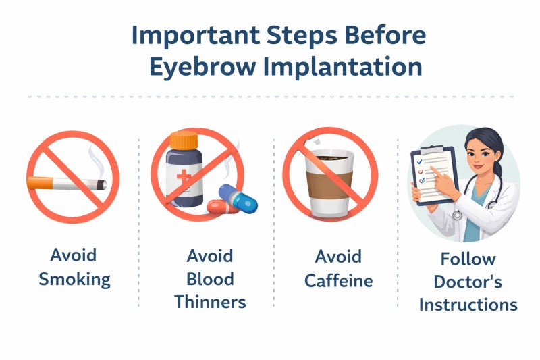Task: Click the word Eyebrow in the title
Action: pos(203,67)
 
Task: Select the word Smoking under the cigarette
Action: pos(74,280)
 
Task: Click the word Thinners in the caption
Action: pos(210,302)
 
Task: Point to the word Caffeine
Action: pos(339,280)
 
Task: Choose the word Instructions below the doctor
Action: pos(468,305)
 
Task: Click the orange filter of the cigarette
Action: pos(40,183)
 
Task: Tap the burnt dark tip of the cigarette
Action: pos(102,185)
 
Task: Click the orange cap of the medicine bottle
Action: pos(184,140)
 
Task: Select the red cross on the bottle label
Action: pos(184,178)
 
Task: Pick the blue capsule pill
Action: pos(238,199)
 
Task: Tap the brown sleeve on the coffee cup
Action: pos(329,185)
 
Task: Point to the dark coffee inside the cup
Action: pos(332,158)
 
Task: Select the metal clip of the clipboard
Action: pos(432,150)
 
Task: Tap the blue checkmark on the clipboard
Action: pos(419,161)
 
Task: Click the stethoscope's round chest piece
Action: pos(457,215)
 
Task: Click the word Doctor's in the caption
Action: pos(468,282)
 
